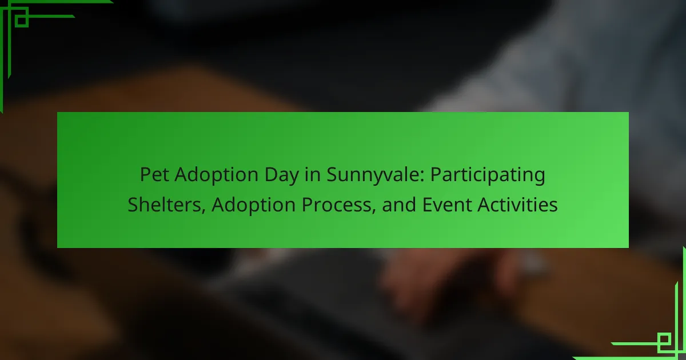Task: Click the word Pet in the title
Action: pos(154,174)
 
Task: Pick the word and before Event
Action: pos(399,205)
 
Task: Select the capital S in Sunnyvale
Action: pos(332,174)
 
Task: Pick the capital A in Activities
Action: pos(484,205)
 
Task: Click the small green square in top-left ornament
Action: pos(22,21)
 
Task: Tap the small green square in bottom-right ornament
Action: pos(664,339)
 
